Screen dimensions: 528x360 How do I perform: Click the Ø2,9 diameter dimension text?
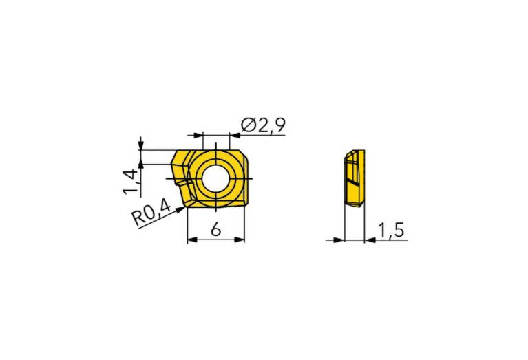[x=264, y=125]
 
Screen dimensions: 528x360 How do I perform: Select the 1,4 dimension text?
[x=131, y=182]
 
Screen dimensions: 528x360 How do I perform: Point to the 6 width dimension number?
[x=216, y=230]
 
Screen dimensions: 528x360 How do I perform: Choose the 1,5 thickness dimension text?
[x=390, y=231]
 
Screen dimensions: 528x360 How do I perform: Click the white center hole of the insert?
[x=215, y=178]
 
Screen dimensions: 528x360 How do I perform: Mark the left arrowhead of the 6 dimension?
[x=192, y=240]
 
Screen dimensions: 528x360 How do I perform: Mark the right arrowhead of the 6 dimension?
[x=240, y=240]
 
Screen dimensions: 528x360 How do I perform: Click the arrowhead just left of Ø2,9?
[x=234, y=136]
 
